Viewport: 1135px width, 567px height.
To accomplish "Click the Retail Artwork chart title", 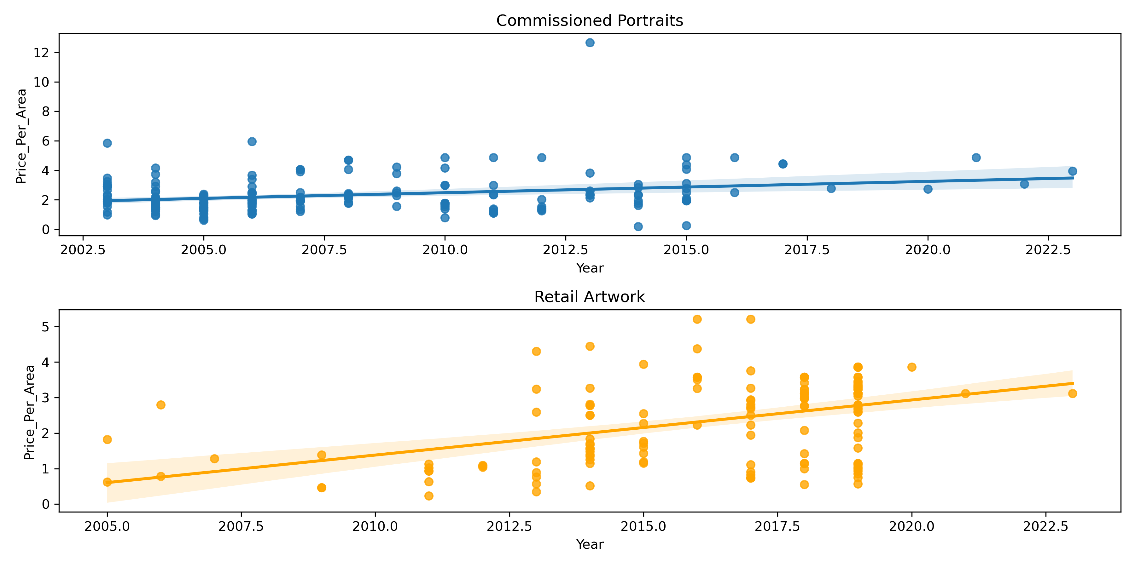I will tap(590, 297).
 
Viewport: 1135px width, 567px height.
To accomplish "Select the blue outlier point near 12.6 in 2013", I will tap(590, 43).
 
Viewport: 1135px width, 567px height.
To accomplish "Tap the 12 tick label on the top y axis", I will tap(41, 53).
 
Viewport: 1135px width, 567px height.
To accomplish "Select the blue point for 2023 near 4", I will tap(1073, 171).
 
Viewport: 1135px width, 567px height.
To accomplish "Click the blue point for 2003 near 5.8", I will tap(107, 143).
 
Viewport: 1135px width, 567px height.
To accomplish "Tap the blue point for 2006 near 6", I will tap(252, 141).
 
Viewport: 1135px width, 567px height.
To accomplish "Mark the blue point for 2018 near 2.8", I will tap(831, 188).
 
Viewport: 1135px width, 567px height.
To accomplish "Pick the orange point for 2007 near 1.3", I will tap(215, 459).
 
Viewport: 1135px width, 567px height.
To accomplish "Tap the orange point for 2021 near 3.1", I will tap(965, 393).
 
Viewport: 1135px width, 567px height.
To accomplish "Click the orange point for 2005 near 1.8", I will tap(107, 439).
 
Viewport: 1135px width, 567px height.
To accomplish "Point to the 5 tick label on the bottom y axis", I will tap(45, 327).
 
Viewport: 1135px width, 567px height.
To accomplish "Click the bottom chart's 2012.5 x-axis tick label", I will tap(509, 526).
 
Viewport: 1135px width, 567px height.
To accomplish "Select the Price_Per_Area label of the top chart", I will tap(21, 136).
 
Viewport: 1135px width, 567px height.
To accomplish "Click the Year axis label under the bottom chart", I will tap(590, 545).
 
